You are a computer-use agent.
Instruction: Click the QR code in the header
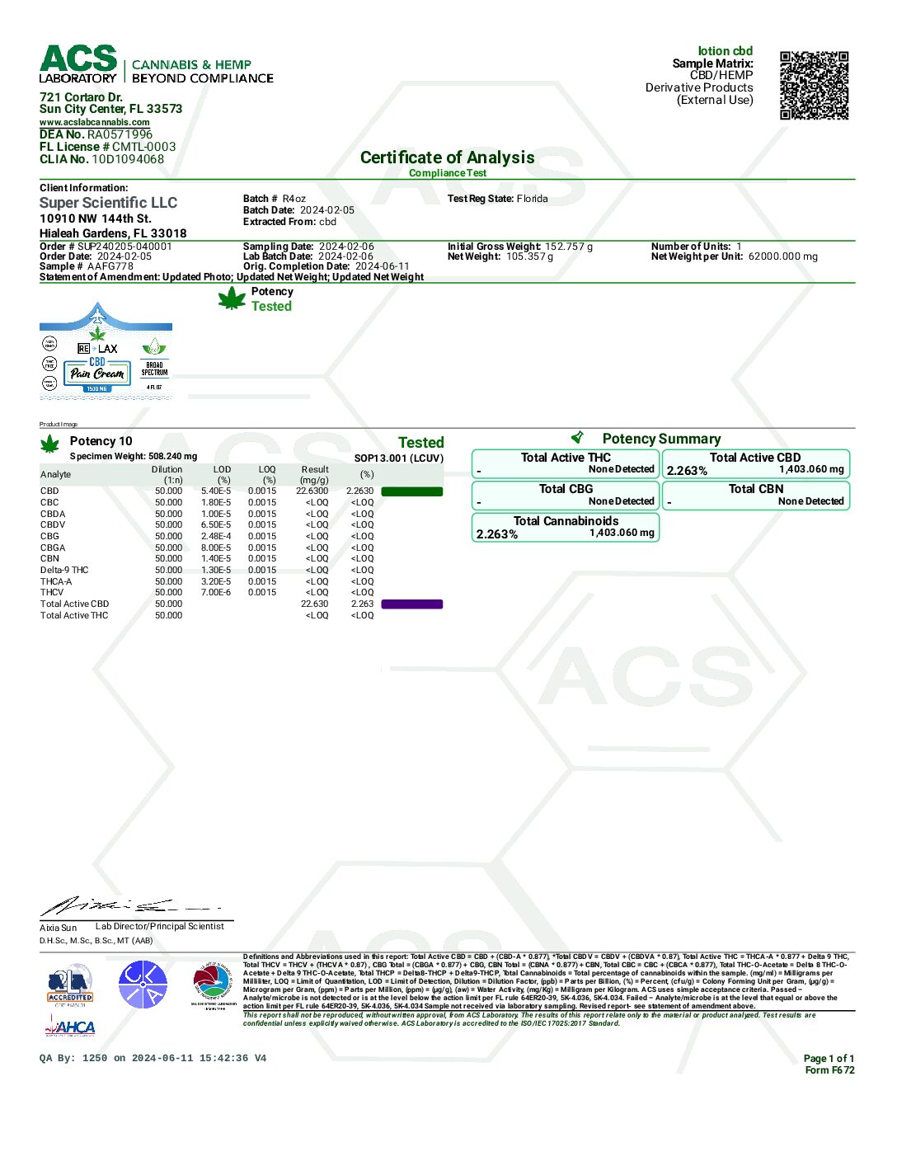click(814, 86)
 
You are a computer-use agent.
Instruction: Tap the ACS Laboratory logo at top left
click(78, 64)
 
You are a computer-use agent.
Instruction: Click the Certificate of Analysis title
click(447, 157)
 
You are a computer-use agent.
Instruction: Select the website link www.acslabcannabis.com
click(95, 122)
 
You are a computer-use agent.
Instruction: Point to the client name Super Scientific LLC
click(108, 203)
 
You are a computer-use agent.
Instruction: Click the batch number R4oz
click(294, 199)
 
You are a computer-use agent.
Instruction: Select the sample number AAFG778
click(110, 266)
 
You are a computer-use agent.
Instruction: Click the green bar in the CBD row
click(411, 491)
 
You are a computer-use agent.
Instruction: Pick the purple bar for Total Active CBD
click(411, 604)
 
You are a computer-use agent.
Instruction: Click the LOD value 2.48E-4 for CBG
click(216, 536)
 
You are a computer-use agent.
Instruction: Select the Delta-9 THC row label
click(64, 570)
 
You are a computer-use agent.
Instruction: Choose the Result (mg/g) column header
click(314, 474)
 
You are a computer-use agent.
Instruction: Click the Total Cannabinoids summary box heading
click(566, 521)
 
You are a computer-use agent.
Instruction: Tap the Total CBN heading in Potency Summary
click(756, 489)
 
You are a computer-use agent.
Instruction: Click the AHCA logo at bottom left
click(70, 1027)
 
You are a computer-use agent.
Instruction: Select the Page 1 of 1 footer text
click(829, 1059)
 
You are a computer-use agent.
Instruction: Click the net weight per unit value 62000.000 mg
click(783, 256)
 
